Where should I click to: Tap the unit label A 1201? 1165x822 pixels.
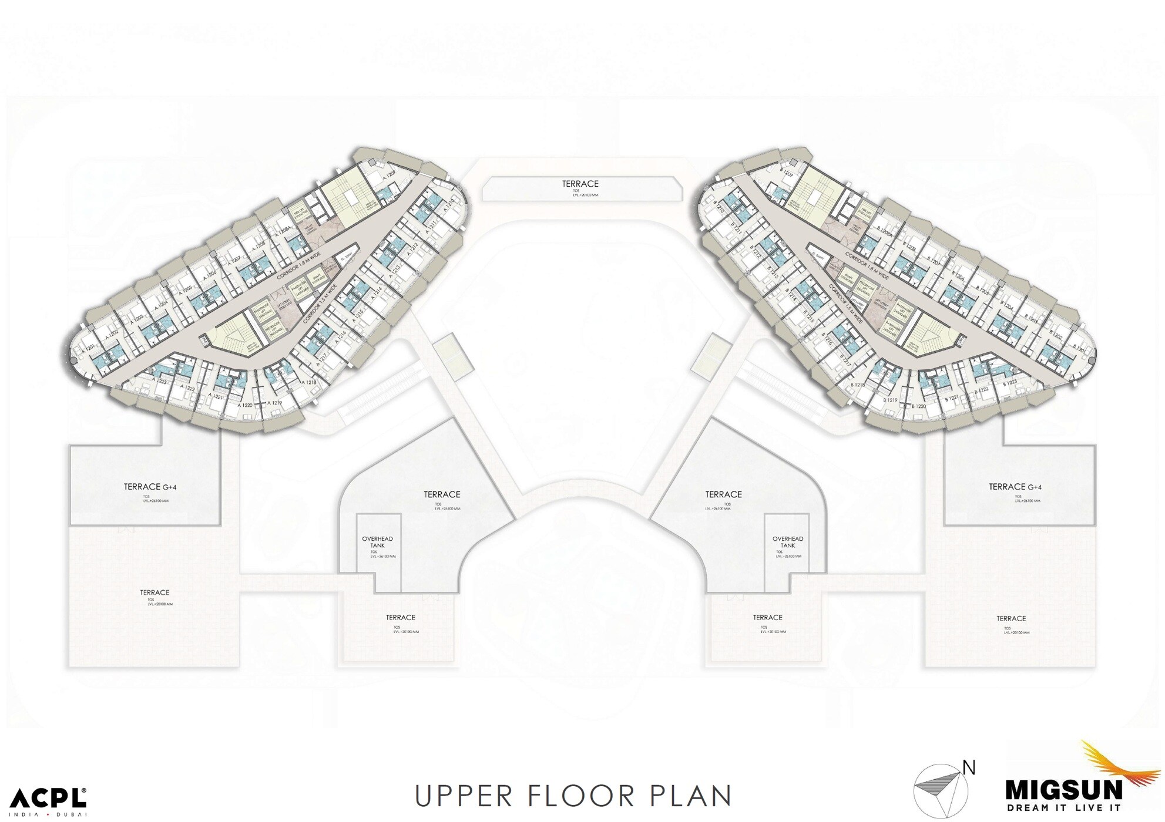tap(89, 349)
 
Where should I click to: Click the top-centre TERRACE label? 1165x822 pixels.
tap(580, 184)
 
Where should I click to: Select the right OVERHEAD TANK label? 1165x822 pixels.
tap(787, 542)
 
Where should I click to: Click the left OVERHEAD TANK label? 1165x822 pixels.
tap(377, 542)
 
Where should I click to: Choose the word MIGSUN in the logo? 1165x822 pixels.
tap(1064, 790)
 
